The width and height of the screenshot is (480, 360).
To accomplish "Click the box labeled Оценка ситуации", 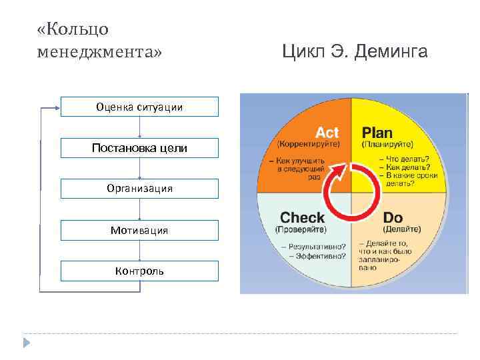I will tap(139, 107).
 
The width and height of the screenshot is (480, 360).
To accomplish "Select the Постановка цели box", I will tap(139, 147).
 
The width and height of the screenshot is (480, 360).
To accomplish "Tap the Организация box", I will tap(139, 189).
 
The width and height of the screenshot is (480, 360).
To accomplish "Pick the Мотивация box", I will tap(139, 230).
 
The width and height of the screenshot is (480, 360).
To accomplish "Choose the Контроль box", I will tap(139, 271).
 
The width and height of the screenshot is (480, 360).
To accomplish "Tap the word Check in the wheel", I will tap(302, 217).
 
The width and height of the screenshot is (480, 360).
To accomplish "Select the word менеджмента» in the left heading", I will tap(100, 51).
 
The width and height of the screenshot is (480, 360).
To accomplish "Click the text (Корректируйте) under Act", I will tap(308, 144).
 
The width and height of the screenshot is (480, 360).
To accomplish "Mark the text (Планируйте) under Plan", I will tap(387, 144).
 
